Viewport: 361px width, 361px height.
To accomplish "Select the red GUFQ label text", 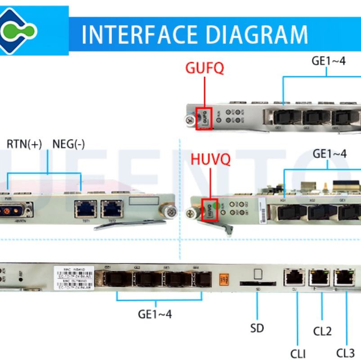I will tap(205, 68).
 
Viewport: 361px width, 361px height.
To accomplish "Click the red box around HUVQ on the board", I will tap(210, 209).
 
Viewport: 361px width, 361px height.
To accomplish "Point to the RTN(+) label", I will tap(24, 144).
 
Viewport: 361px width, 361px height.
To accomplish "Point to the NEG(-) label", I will tap(68, 144).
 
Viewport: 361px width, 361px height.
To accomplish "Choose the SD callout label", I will tap(257, 328).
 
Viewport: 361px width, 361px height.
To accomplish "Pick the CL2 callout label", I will tap(322, 331).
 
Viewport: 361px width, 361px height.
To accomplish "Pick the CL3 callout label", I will tap(346, 352).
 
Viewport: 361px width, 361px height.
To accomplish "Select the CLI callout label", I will tap(299, 353).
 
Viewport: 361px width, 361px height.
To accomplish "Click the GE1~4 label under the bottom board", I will tap(155, 313).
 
